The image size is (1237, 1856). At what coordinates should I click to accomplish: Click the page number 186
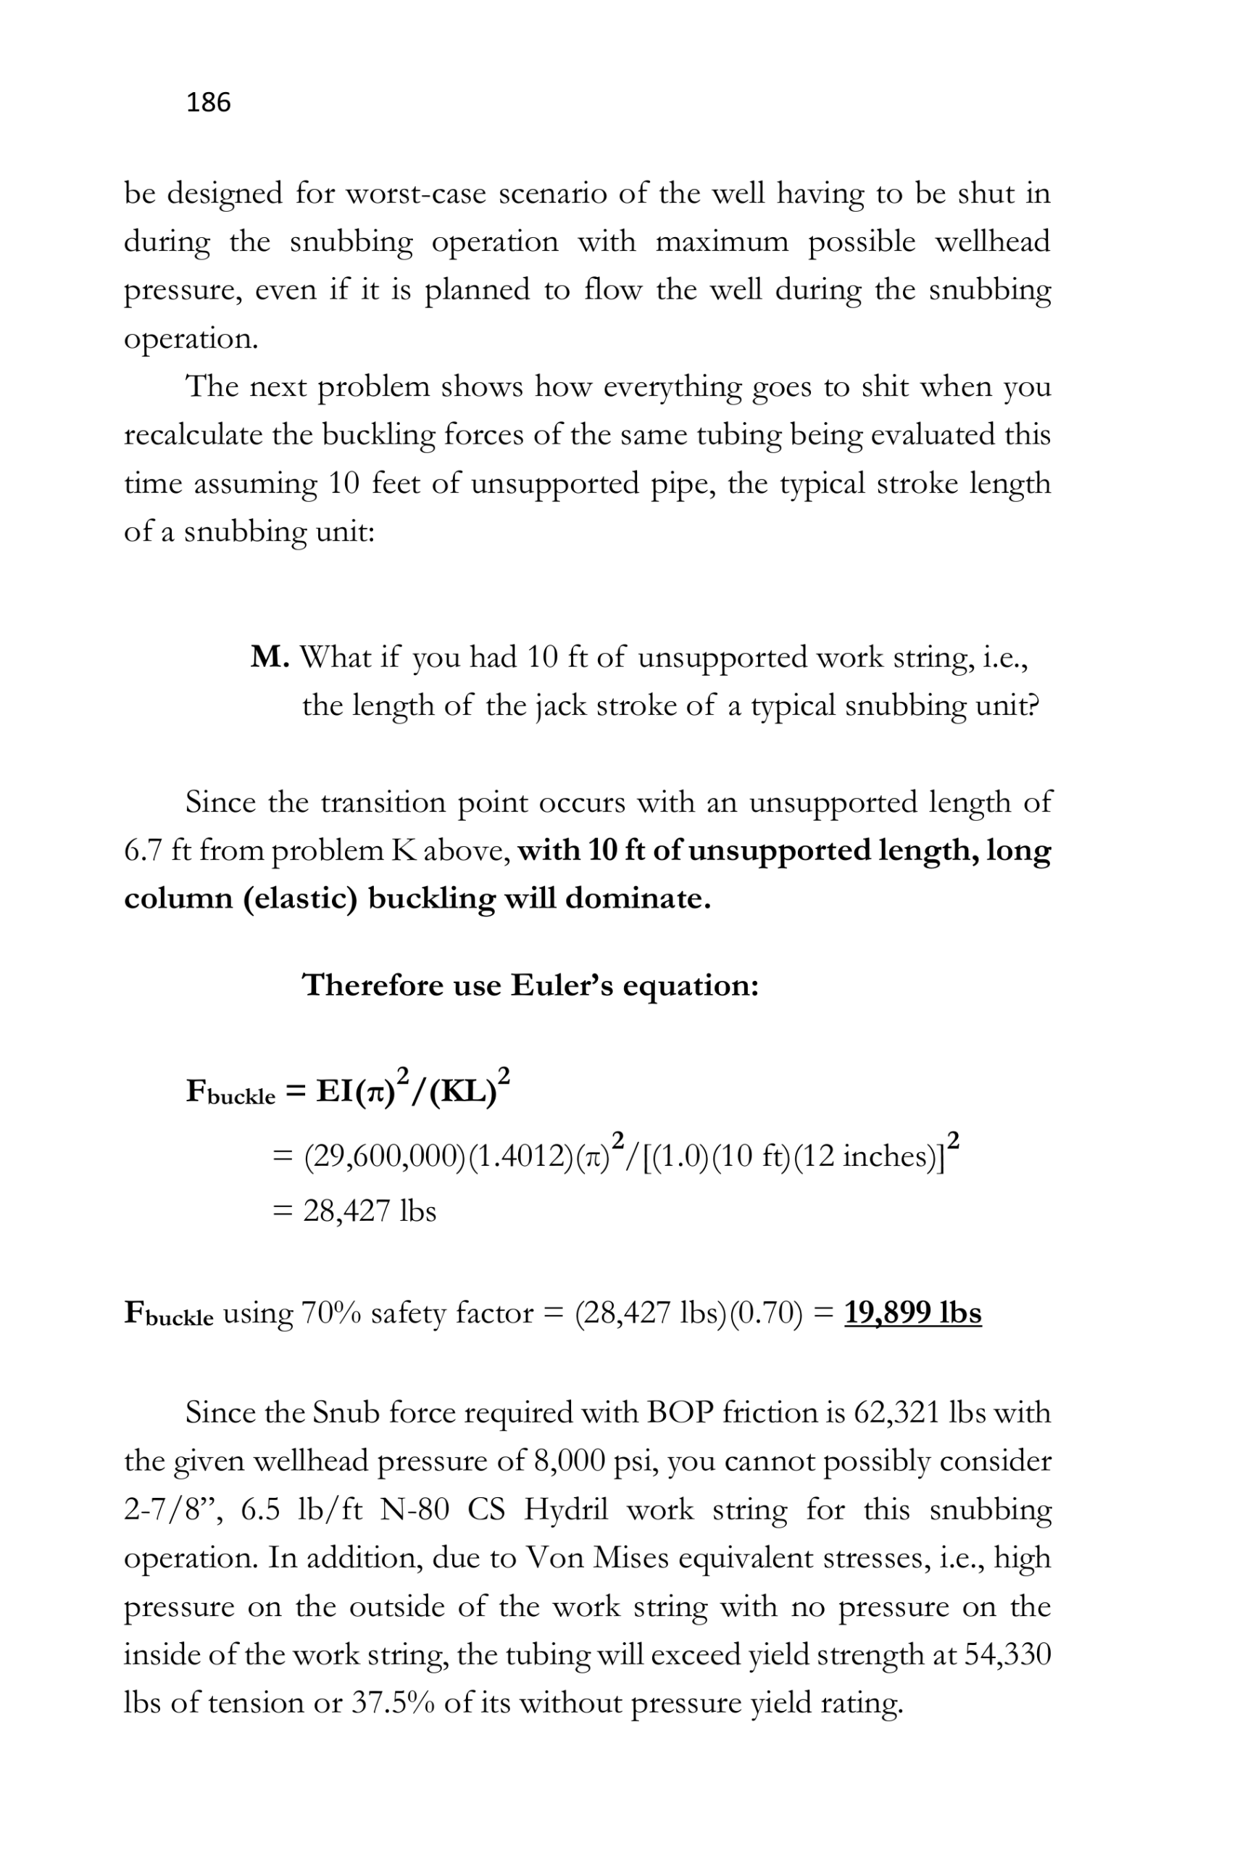tap(208, 102)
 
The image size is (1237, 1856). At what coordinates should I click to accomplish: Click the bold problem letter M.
tap(269, 657)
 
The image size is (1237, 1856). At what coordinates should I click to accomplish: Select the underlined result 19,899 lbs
tap(913, 1312)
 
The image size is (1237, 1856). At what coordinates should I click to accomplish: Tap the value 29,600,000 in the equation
tap(386, 1156)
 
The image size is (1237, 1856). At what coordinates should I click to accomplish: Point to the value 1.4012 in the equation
tap(522, 1156)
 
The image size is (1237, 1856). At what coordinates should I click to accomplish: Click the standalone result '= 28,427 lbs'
tap(354, 1211)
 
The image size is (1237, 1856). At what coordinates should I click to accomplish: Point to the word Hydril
tap(566, 1509)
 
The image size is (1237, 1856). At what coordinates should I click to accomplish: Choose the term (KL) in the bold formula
tap(463, 1091)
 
